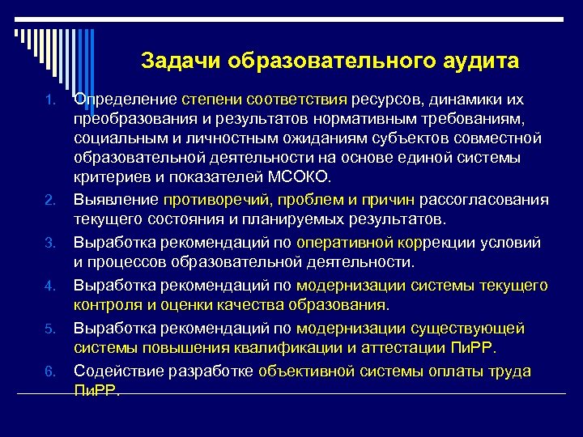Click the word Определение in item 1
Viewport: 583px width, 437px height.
pos(126,100)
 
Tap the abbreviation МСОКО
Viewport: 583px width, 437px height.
pos(304,177)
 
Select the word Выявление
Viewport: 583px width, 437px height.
pos(116,200)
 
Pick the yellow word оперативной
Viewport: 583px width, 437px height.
pos(346,243)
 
